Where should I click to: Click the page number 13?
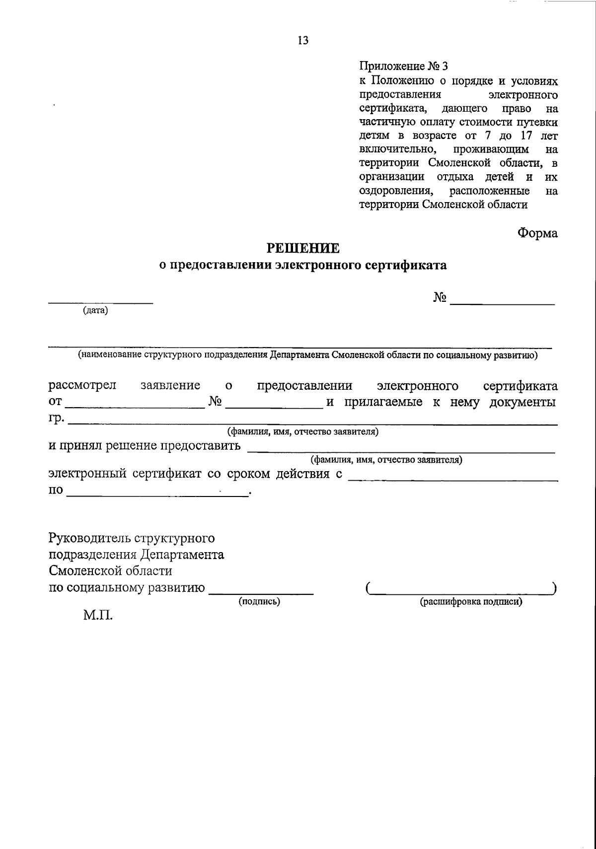[x=303, y=41]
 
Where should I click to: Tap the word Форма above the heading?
[x=537, y=233]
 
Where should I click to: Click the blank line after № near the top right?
[x=502, y=302]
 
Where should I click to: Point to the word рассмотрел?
[x=82, y=386]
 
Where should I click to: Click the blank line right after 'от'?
[x=135, y=407]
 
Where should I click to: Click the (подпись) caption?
[x=259, y=602]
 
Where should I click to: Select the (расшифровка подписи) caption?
[x=471, y=602]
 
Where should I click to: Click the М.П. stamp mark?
[x=98, y=617]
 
